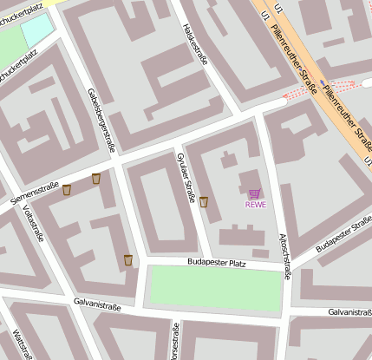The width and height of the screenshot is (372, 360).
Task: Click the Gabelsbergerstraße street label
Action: click(101, 120)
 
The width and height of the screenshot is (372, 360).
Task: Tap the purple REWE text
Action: click(255, 206)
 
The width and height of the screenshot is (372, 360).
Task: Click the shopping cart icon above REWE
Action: click(254, 194)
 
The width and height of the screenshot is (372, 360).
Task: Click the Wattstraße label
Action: click(23, 342)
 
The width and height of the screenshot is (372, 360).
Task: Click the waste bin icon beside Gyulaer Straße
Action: click(204, 202)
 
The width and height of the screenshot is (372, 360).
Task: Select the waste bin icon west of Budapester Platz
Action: click(128, 259)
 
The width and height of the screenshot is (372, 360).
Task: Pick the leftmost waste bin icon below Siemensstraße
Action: click(67, 189)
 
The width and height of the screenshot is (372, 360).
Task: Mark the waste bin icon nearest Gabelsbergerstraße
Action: click(96, 179)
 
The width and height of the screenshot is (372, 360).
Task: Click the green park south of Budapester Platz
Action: click(216, 289)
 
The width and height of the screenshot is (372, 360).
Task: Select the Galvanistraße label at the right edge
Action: click(349, 311)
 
